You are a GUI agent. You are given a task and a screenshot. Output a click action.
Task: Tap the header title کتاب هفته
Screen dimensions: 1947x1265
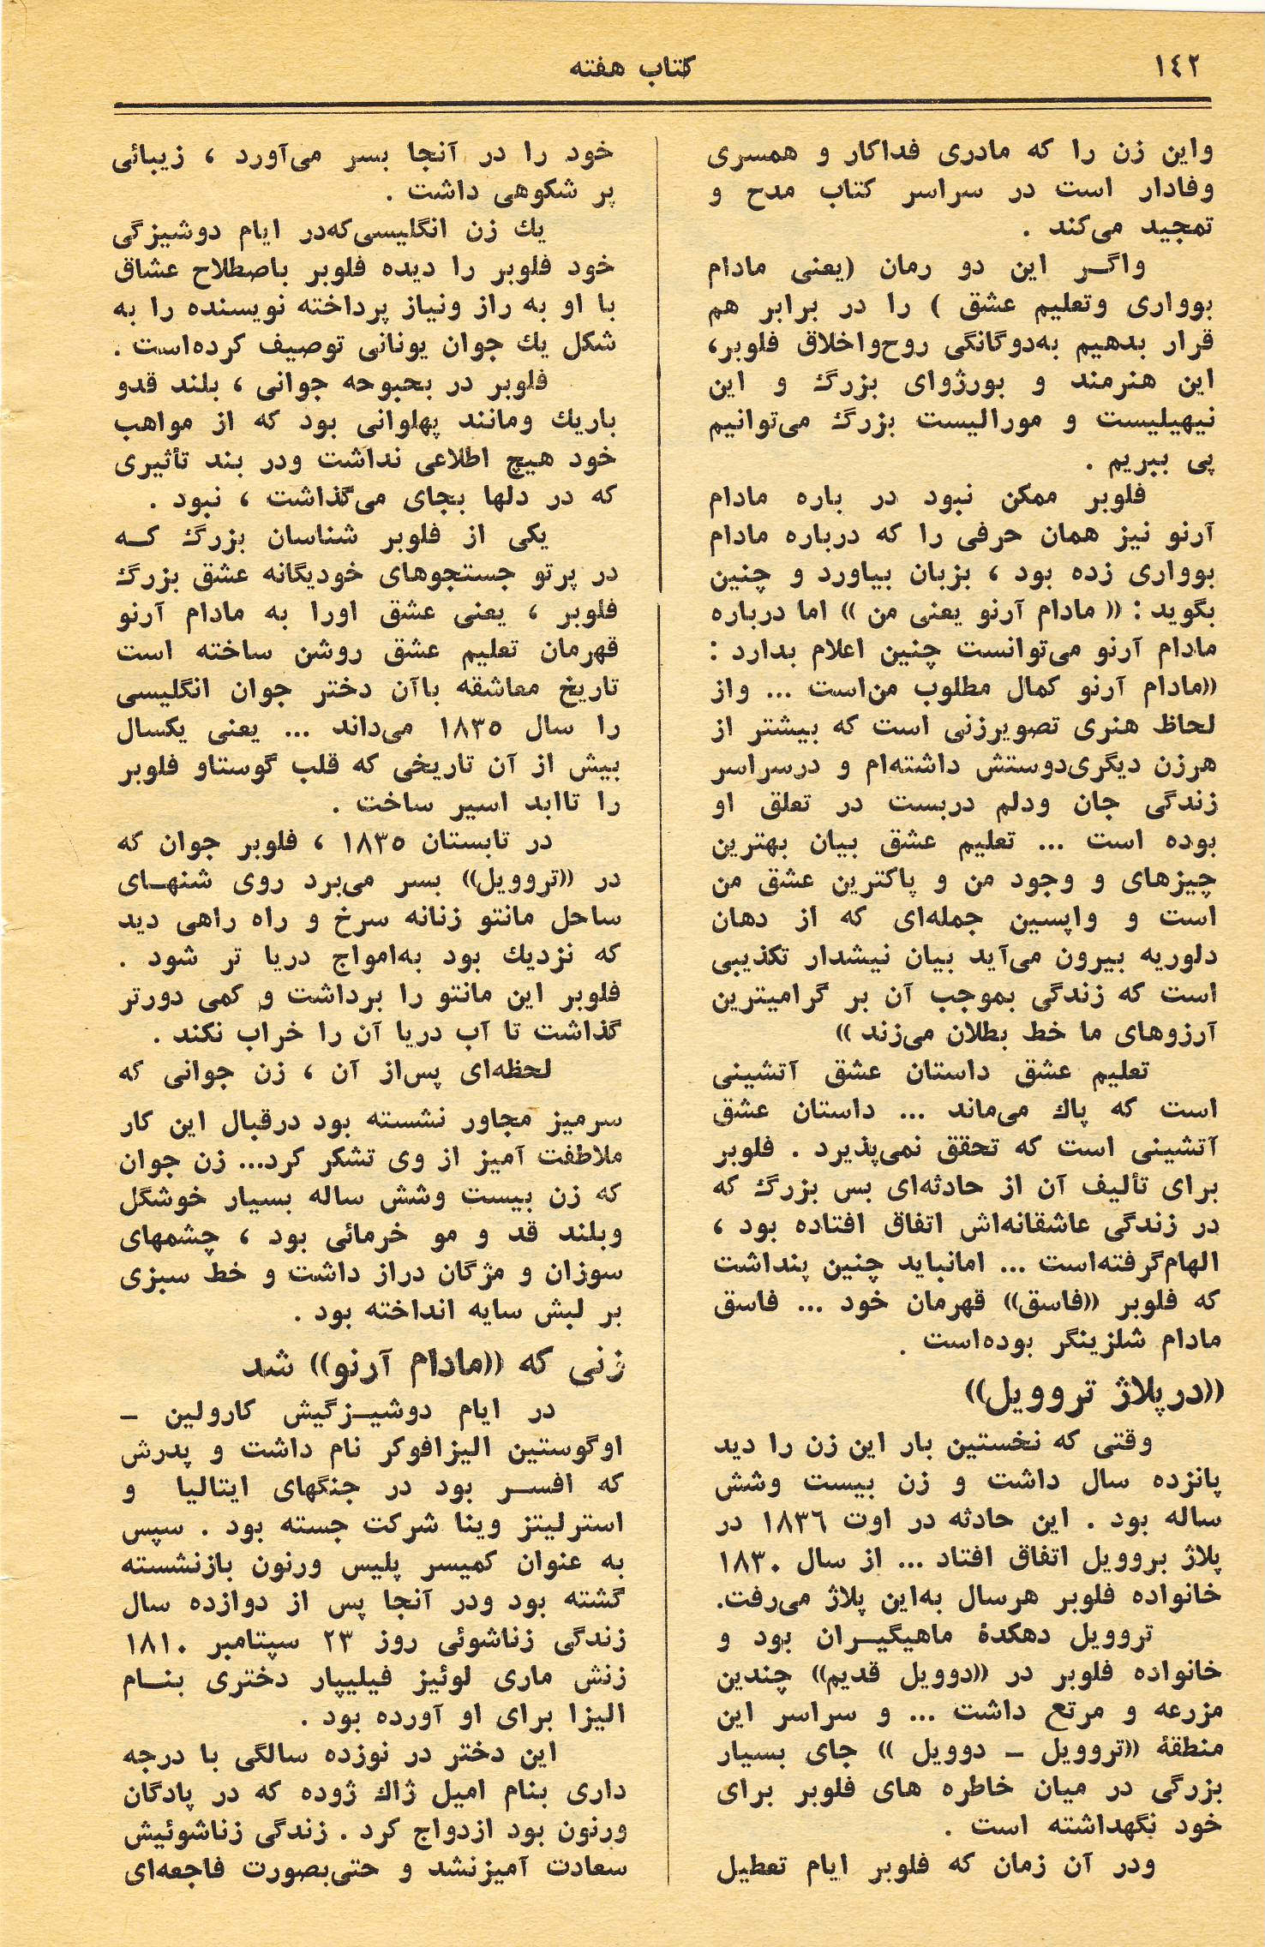pos(632,68)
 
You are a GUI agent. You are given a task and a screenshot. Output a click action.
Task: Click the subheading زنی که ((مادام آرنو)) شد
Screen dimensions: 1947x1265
pos(434,1366)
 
